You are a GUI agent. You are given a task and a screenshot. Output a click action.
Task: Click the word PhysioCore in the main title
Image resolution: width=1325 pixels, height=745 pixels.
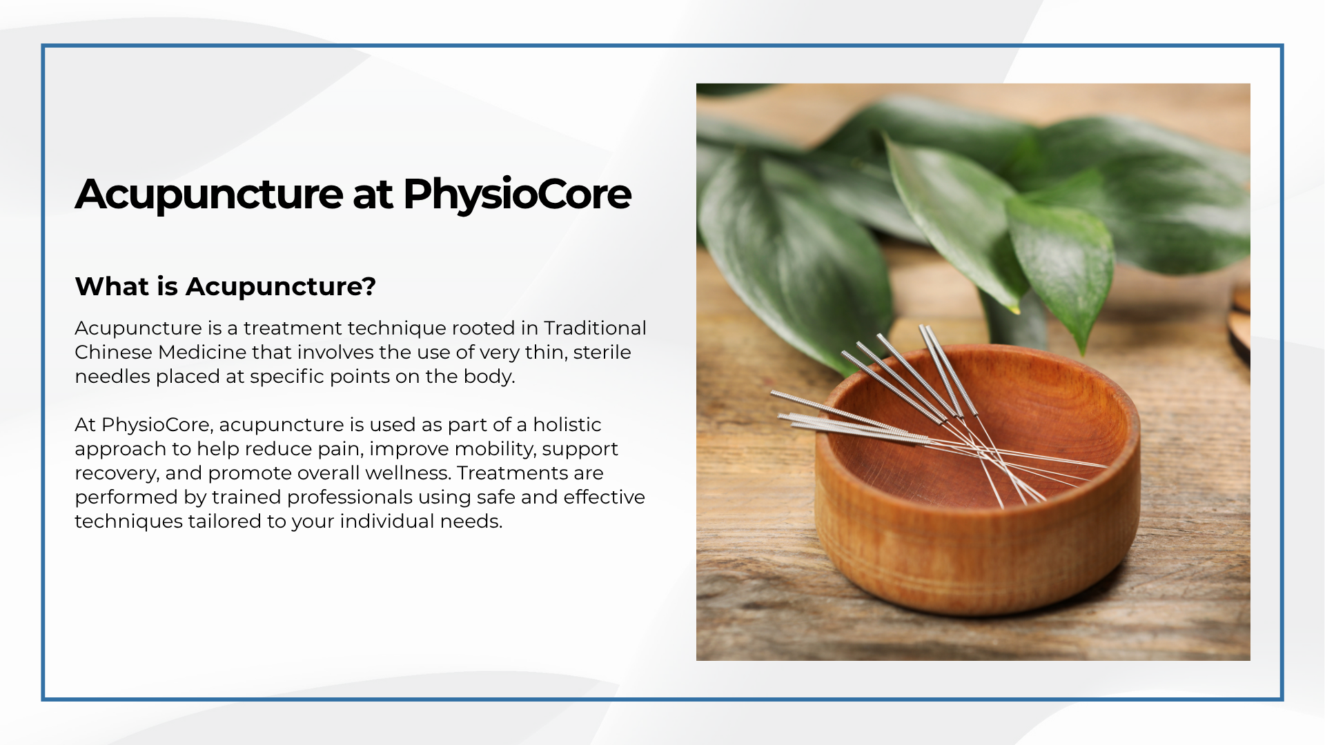[x=517, y=195]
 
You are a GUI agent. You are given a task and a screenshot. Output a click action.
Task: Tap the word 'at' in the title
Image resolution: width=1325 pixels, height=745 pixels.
[x=373, y=195]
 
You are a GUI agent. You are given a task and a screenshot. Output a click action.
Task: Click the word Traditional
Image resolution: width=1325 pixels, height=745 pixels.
[x=595, y=328]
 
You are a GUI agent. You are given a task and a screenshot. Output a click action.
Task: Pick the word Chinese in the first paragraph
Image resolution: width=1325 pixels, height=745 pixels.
[x=113, y=352]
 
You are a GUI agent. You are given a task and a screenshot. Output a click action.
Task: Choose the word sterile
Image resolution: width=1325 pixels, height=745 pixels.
[x=602, y=352]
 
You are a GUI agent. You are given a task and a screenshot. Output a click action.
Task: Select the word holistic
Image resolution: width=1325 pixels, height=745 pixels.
[x=567, y=424]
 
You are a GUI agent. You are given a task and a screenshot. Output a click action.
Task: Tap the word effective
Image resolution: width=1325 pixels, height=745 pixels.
[x=604, y=497]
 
